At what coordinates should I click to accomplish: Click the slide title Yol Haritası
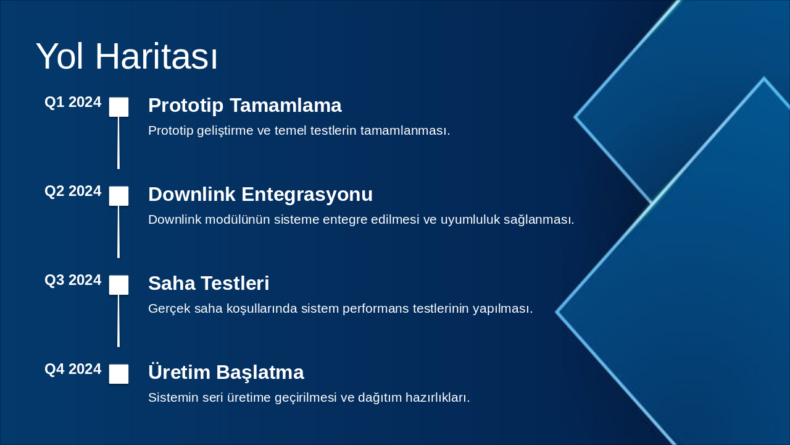click(127, 56)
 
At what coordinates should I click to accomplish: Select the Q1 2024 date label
click(73, 102)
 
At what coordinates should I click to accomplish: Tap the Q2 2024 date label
click(73, 191)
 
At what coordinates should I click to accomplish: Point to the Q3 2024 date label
click(73, 280)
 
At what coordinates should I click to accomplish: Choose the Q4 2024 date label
click(73, 369)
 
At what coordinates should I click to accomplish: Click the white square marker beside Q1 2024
click(118, 107)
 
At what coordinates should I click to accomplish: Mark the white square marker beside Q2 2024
click(118, 196)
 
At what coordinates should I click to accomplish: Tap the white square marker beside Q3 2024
click(118, 285)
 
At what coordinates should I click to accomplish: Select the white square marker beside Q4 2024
click(118, 374)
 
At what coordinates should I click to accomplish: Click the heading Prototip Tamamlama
click(245, 106)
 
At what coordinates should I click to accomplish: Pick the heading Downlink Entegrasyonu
click(260, 194)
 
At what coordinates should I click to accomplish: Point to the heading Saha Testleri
click(209, 283)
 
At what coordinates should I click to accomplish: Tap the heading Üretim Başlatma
click(226, 372)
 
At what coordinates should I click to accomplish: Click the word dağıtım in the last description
click(380, 397)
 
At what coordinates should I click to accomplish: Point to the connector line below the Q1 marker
click(118, 143)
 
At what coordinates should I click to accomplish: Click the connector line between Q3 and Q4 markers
click(118, 321)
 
